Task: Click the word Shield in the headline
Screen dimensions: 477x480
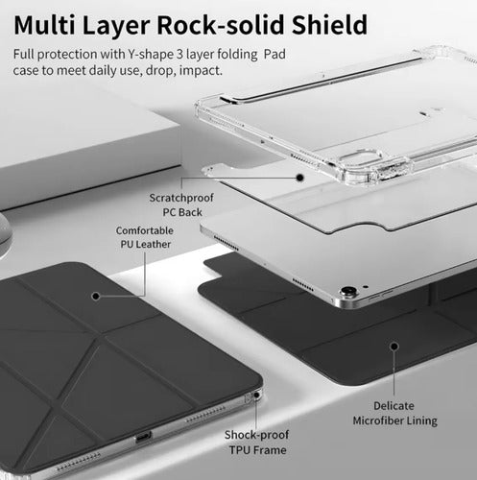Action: click(x=330, y=25)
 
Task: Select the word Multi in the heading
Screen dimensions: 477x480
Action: click(x=44, y=25)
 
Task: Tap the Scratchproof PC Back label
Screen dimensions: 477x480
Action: click(x=181, y=204)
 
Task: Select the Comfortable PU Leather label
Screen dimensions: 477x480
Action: click(x=145, y=237)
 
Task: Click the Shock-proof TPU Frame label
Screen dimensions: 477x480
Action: click(x=257, y=443)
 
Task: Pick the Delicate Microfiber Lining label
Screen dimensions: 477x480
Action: click(x=394, y=413)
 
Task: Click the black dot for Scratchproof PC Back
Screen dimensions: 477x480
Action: click(x=299, y=178)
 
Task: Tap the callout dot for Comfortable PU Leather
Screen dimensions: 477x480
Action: click(x=96, y=297)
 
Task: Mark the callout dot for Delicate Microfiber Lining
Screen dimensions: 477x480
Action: click(x=394, y=347)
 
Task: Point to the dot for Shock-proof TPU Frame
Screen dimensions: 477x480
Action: click(x=256, y=396)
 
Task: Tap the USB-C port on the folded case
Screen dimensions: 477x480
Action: click(x=144, y=437)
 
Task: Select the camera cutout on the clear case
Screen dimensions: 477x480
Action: click(x=361, y=159)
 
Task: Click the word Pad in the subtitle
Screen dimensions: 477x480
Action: click(x=274, y=55)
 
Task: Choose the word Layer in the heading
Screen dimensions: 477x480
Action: click(x=116, y=26)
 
